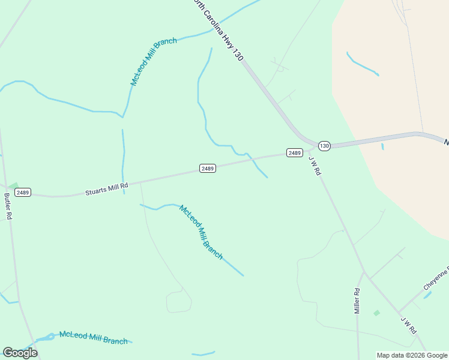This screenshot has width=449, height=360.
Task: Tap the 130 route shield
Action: point(324,146)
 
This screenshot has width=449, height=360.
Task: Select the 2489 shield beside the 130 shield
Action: point(294,153)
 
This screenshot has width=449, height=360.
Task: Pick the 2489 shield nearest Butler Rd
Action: point(23,193)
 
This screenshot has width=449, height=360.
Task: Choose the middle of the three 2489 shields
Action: point(208,169)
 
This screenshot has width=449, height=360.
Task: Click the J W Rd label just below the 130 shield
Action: point(315,165)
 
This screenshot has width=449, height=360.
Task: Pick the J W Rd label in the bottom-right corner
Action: point(409,325)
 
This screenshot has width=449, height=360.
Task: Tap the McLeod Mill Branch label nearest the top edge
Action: point(154,61)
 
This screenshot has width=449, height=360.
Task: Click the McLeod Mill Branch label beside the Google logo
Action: point(93,338)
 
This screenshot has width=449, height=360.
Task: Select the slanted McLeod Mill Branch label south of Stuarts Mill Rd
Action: point(201,232)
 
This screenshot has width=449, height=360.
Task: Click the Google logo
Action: point(20,352)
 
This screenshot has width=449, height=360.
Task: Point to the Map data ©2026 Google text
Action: point(412,355)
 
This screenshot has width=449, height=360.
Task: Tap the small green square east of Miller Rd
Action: point(376,313)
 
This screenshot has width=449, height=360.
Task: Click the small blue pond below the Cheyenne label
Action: point(427,295)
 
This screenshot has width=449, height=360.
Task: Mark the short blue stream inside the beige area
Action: point(362,64)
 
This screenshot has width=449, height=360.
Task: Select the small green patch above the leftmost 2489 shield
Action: point(13,185)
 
